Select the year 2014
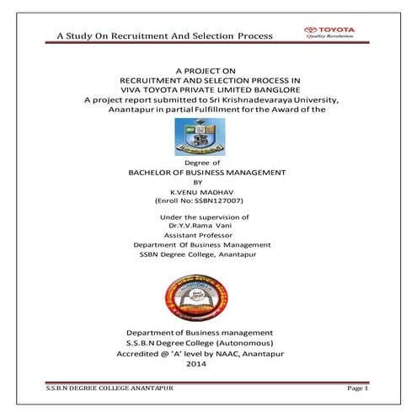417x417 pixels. pos(206,364)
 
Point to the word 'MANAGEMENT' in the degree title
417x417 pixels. pos(254,171)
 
